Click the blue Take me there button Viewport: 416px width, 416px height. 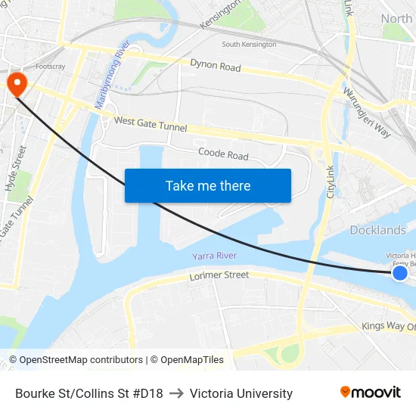coord(208,185)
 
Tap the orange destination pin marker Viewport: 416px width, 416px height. coord(15,83)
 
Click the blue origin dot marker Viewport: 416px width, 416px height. coord(400,272)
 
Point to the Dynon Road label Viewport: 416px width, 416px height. coord(215,66)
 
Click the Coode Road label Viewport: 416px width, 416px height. coord(223,154)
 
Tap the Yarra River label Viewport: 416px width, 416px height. coord(214,256)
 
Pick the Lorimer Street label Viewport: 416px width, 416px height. coord(219,276)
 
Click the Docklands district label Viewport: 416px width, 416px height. coord(377,230)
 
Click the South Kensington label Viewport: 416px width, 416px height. coord(249,45)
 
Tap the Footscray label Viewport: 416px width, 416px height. coord(51,67)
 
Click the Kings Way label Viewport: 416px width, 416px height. coord(388,326)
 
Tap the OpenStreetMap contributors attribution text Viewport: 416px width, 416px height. coord(76,360)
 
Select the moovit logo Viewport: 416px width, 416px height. coord(370,393)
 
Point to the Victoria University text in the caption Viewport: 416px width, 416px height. coord(241,393)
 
